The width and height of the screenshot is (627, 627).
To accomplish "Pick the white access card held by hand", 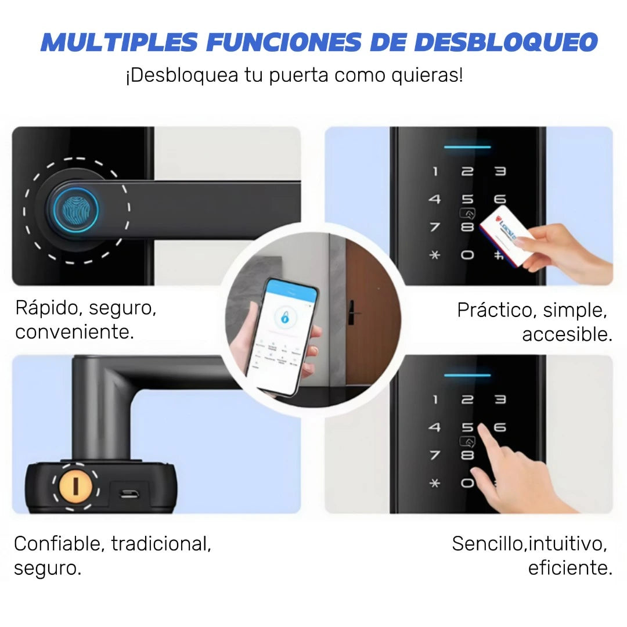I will [x=506, y=237].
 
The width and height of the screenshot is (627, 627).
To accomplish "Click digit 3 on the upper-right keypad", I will [x=500, y=171].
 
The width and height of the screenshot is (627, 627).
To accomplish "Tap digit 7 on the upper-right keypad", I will [x=435, y=227].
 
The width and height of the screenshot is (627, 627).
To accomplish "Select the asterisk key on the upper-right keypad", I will [x=435, y=255].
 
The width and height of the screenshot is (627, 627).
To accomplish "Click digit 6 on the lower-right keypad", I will [x=499, y=427].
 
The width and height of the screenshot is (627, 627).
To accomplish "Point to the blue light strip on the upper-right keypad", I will [x=467, y=146].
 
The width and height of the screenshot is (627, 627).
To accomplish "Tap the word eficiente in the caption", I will [x=570, y=568].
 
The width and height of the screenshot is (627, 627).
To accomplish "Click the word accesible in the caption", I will [x=567, y=334].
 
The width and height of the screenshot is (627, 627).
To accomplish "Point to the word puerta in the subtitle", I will [x=297, y=75].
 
